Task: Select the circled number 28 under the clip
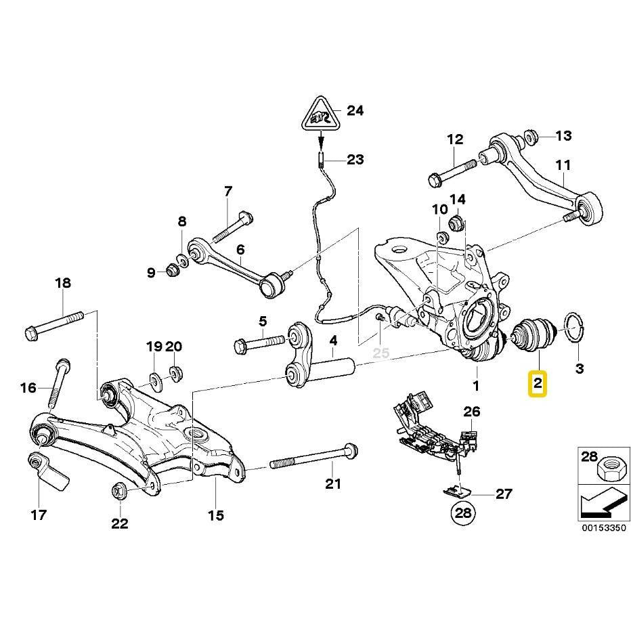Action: click(463, 514)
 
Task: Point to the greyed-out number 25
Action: click(381, 353)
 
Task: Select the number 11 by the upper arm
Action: click(563, 165)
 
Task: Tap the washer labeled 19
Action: click(154, 377)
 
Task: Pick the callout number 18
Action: click(62, 283)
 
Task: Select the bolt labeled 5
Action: click(261, 343)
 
